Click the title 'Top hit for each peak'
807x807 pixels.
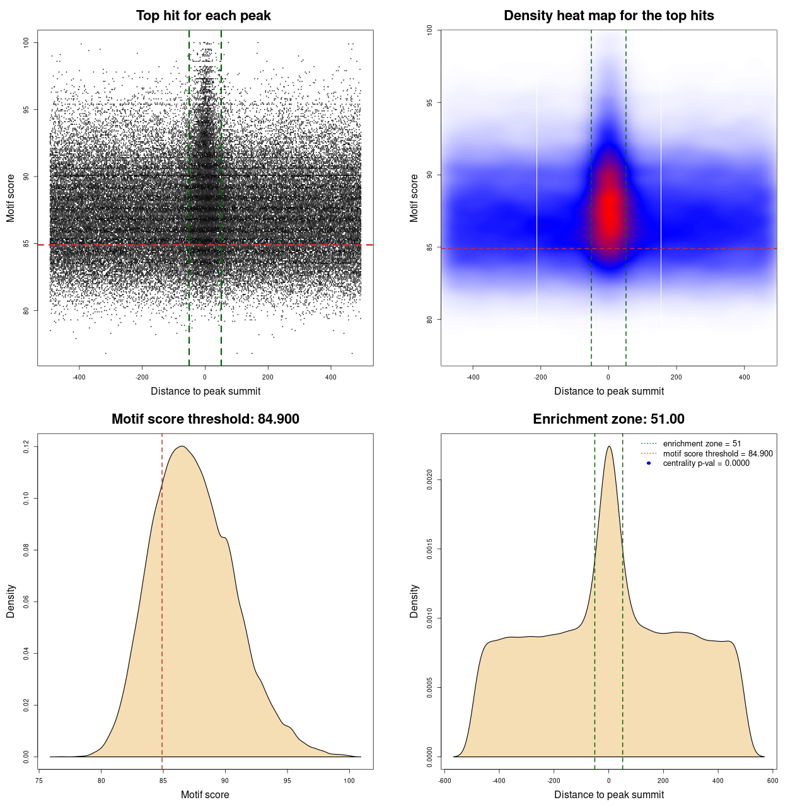pyautogui.click(x=204, y=16)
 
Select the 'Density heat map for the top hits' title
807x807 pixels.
pyautogui.click(x=608, y=16)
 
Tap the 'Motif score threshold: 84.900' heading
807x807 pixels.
pyautogui.click(x=205, y=419)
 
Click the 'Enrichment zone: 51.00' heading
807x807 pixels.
pyautogui.click(x=608, y=419)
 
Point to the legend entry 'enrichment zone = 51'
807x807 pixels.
pyautogui.click(x=702, y=444)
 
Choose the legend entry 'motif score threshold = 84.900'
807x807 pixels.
pyautogui.click(x=717, y=453)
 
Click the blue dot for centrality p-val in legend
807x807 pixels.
pyautogui.click(x=649, y=463)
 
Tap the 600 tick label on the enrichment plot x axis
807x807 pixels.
pyautogui.click(x=772, y=781)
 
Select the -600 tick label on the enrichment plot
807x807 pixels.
pyautogui.click(x=445, y=781)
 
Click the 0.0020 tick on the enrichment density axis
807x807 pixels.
pyautogui.click(x=430, y=480)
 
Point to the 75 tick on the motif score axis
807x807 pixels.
pyautogui.click(x=39, y=781)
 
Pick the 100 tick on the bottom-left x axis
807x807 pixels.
pyautogui.click(x=349, y=781)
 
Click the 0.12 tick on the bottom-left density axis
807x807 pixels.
pyautogui.click(x=26, y=447)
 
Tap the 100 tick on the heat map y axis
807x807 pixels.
pyautogui.click(x=430, y=30)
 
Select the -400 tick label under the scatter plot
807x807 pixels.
pyautogui.click(x=79, y=377)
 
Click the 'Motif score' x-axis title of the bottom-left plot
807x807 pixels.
pyautogui.click(x=205, y=794)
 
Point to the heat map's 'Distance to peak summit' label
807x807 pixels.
pyautogui.click(x=608, y=391)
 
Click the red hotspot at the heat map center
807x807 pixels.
pyautogui.click(x=609, y=208)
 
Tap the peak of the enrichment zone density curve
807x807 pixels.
pyautogui.click(x=608, y=446)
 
